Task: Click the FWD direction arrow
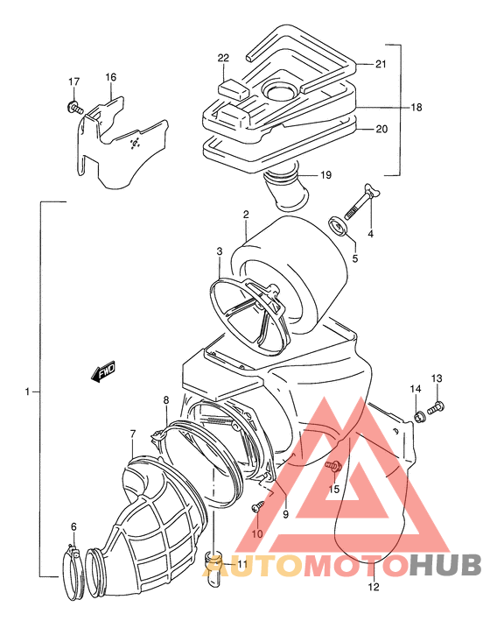[x=103, y=371]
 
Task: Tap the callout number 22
[x=223, y=58]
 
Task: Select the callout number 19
[x=325, y=174]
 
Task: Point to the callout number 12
[x=374, y=587]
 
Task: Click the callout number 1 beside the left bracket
[x=27, y=392]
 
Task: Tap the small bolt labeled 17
[x=75, y=107]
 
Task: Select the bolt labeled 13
[x=436, y=408]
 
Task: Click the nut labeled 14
[x=419, y=416]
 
